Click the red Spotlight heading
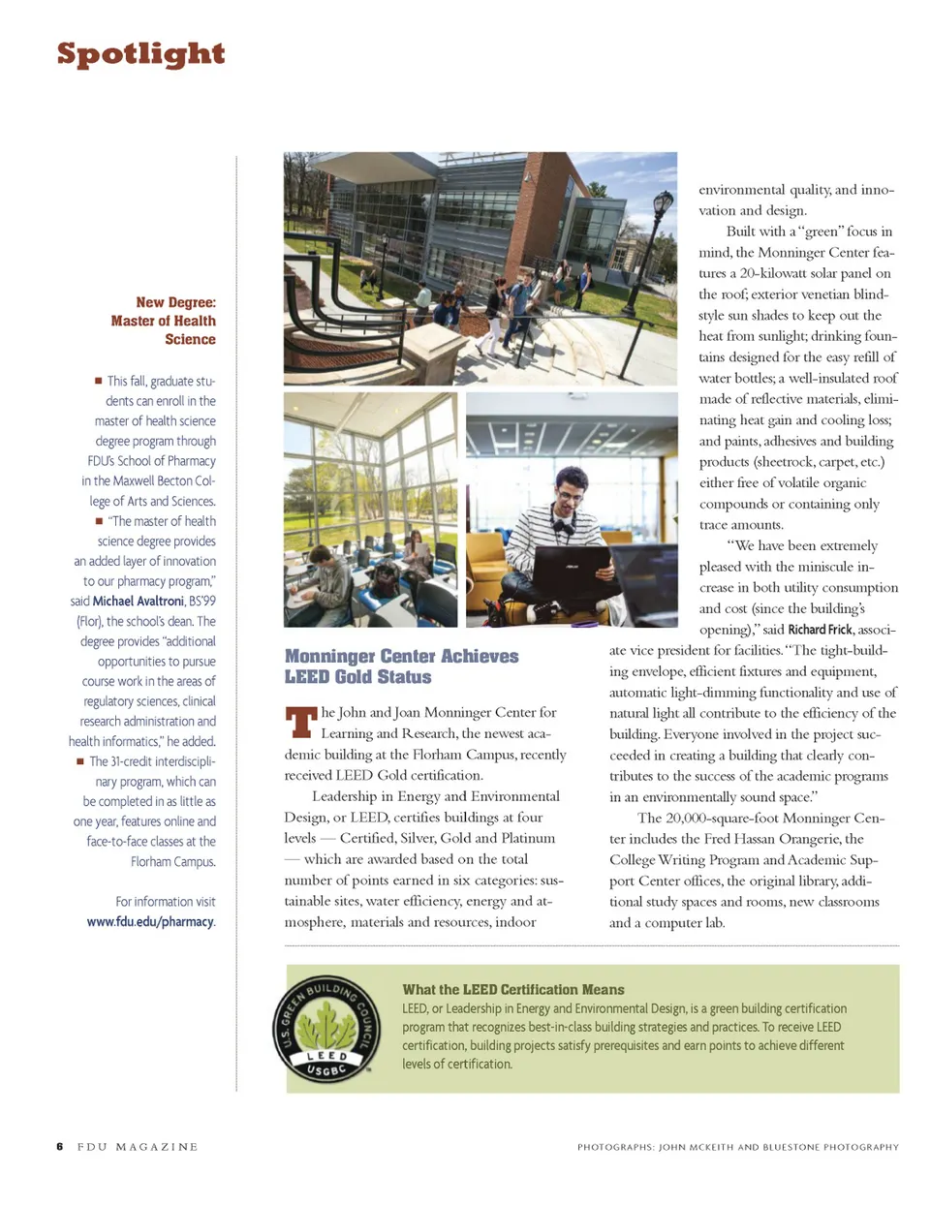point(140,54)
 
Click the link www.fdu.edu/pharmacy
point(150,921)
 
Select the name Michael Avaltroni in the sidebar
point(138,602)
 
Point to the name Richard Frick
point(821,630)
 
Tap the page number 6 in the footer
point(60,1147)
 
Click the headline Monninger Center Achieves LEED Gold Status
point(401,666)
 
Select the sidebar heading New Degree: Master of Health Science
point(163,321)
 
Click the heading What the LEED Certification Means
point(513,989)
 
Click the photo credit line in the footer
point(737,1147)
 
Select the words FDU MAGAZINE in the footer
point(138,1147)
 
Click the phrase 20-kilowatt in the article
point(775,273)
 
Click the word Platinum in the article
point(528,838)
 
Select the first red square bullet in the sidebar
point(99,381)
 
